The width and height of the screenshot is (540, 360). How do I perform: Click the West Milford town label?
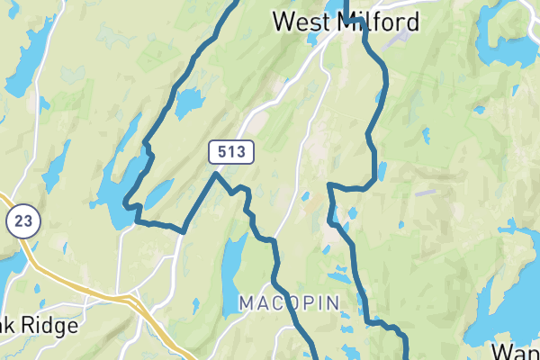click(x=346, y=21)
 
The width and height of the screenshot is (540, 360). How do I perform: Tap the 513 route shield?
click(x=232, y=152)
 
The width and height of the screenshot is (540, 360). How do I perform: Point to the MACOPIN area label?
click(x=289, y=303)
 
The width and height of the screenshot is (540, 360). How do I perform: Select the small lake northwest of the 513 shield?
click(x=189, y=104)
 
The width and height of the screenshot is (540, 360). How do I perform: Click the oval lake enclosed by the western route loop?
click(x=159, y=192)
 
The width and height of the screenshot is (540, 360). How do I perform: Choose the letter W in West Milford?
click(x=285, y=21)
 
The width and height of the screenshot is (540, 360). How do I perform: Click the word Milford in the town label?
click(x=379, y=21)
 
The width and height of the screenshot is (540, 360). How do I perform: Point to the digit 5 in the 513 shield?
click(x=222, y=152)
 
